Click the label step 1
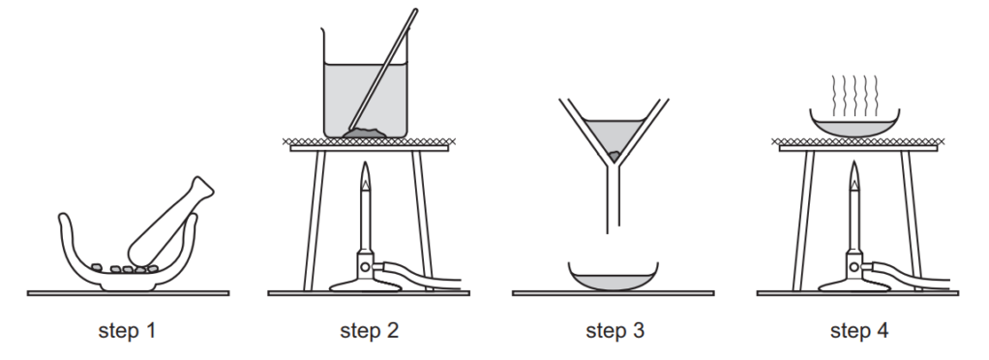point(127,330)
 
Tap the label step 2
point(369,330)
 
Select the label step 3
point(614,330)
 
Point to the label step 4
point(859,330)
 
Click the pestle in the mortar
point(170,222)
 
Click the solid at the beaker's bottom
point(365,133)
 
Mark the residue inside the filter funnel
point(614,155)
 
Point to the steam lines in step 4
point(854,96)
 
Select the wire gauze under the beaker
point(369,142)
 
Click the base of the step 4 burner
point(854,285)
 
